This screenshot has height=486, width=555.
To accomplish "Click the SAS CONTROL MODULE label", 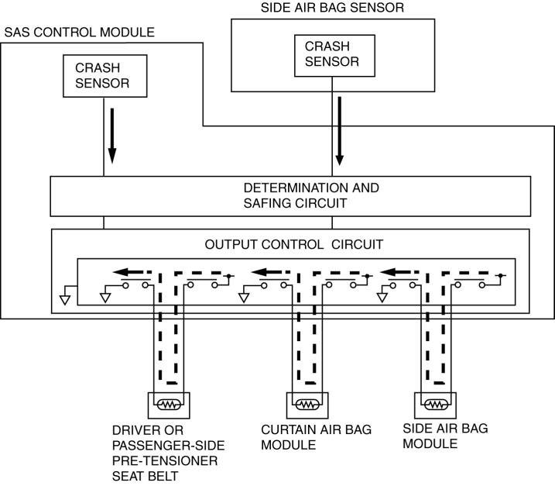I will pos(80,33).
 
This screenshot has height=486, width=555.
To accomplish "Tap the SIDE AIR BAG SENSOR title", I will pos(332,8).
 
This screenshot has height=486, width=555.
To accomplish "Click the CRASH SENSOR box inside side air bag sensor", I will pos(331,53).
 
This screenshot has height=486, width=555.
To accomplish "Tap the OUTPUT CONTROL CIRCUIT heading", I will pos(293,244).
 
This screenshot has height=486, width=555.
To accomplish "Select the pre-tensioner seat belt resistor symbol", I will pos(169,404).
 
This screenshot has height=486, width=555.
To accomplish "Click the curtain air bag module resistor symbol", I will pos(308,404).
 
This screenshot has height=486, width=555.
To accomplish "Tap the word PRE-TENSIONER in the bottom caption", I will pos(167,460).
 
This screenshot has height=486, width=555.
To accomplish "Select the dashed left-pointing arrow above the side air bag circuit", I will pos(404,273).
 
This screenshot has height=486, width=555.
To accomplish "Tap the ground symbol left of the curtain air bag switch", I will pos(243,297).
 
